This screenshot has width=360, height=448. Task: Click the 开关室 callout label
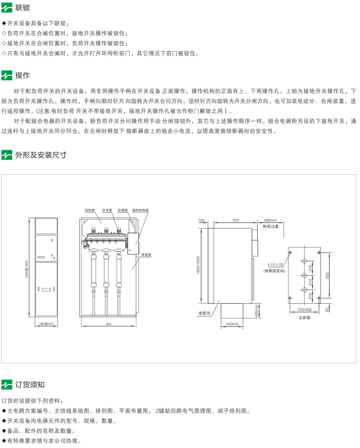pos(107,210)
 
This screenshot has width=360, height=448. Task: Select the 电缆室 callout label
pos(147,254)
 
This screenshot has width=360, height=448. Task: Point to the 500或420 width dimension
pos(46,323)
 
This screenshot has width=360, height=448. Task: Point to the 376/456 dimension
pos(305,310)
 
